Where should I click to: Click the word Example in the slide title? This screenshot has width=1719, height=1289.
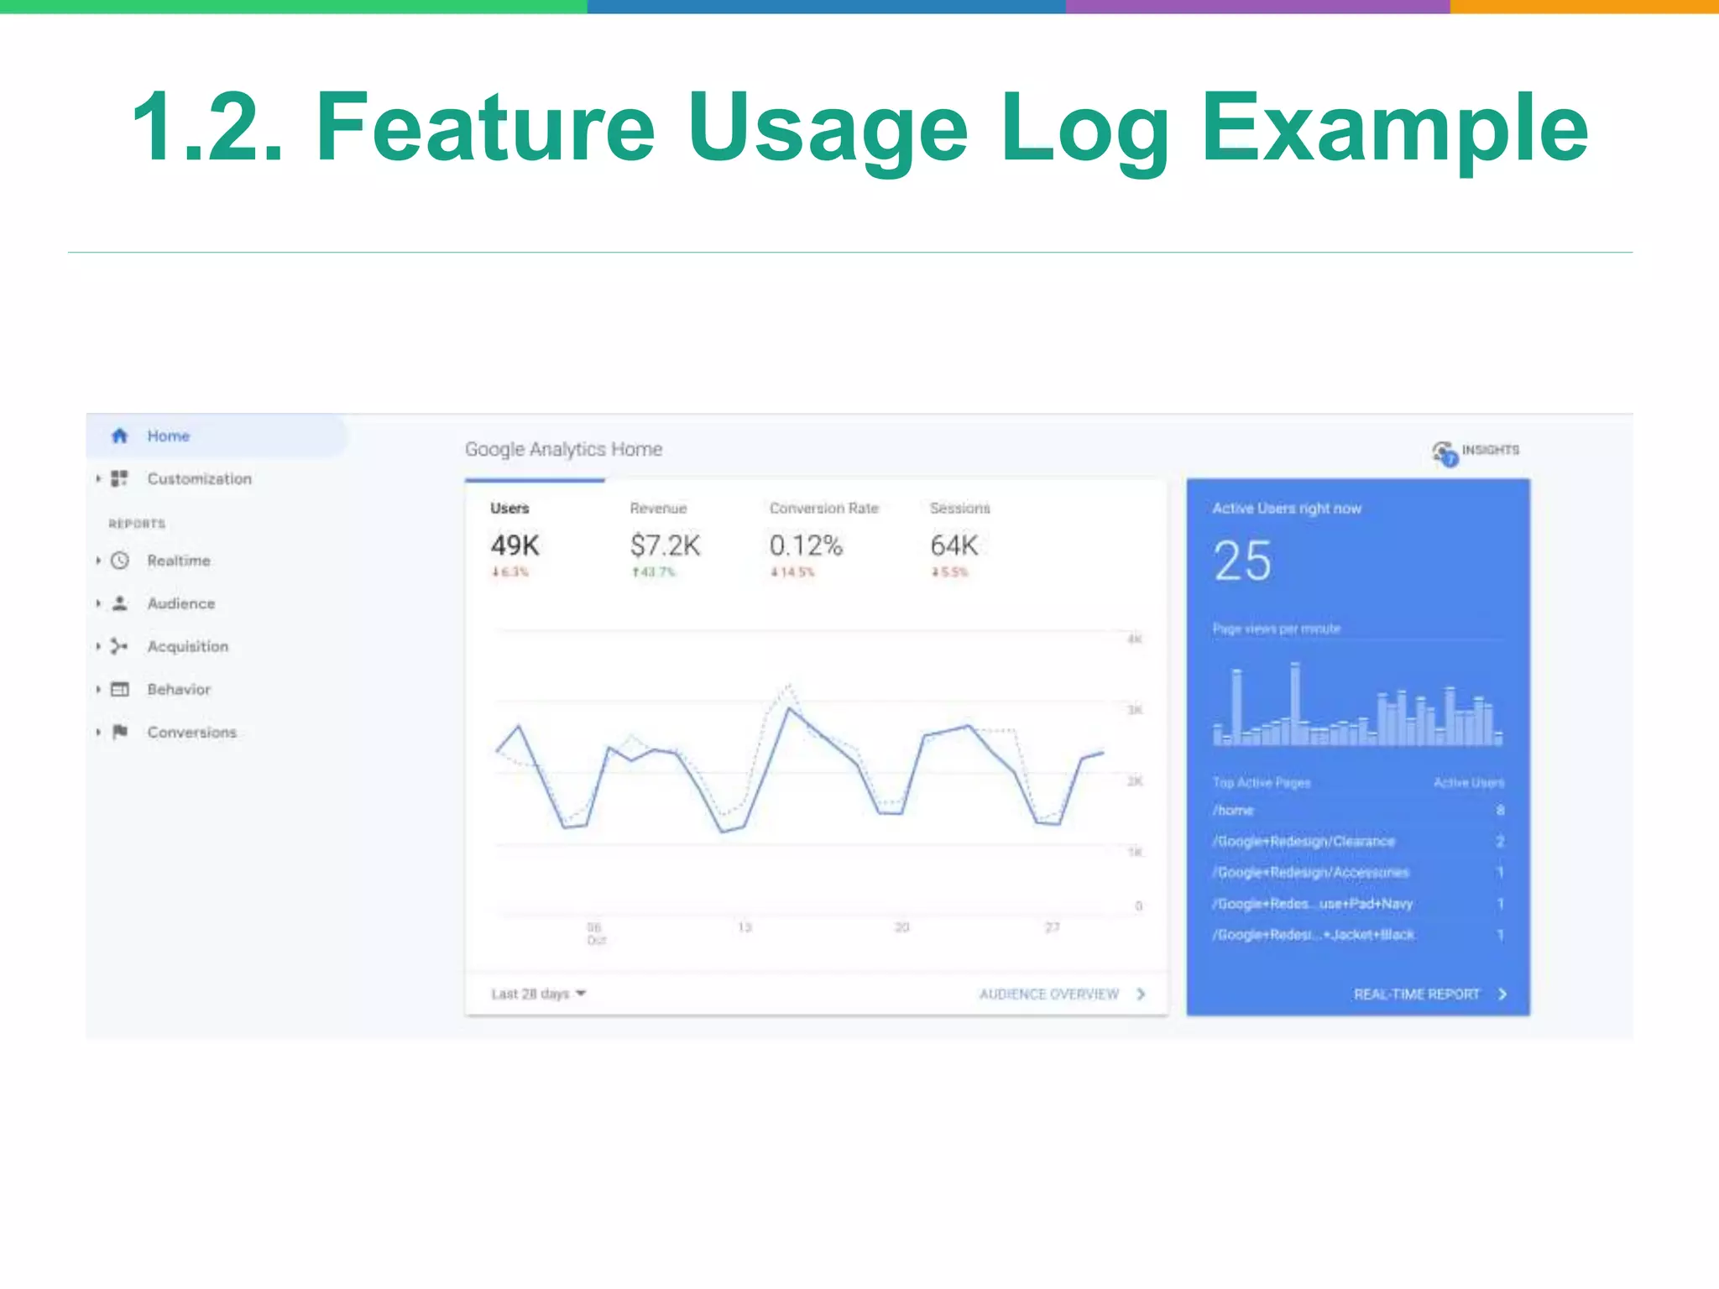(1394, 128)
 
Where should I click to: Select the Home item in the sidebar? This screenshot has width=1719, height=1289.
(168, 436)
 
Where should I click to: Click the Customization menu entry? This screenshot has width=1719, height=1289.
(199, 478)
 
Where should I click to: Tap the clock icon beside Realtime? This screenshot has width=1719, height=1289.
(120, 561)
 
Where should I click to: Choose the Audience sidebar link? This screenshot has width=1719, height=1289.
(180, 603)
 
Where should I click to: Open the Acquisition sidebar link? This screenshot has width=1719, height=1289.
(187, 646)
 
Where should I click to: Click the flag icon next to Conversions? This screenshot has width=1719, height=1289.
(120, 732)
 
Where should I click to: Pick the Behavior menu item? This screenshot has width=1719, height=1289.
(179, 689)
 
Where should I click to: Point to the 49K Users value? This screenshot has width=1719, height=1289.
(515, 545)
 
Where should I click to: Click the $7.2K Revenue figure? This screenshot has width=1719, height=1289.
(665, 545)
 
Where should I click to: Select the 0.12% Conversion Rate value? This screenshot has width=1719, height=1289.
(806, 545)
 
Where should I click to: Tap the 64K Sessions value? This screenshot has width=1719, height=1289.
(954, 545)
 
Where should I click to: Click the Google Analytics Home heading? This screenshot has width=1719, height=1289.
(563, 450)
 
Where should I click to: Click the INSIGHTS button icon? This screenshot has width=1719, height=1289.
(1445, 453)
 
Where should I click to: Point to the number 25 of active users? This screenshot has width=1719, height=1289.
(1242, 561)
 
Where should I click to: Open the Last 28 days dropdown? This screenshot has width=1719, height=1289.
(538, 994)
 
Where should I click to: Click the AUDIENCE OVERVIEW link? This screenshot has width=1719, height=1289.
(1049, 994)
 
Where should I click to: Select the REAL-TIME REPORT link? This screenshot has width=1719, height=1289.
(1417, 994)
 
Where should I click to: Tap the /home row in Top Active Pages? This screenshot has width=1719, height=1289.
(1233, 810)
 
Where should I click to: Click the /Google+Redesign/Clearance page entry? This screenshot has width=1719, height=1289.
(1304, 841)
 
